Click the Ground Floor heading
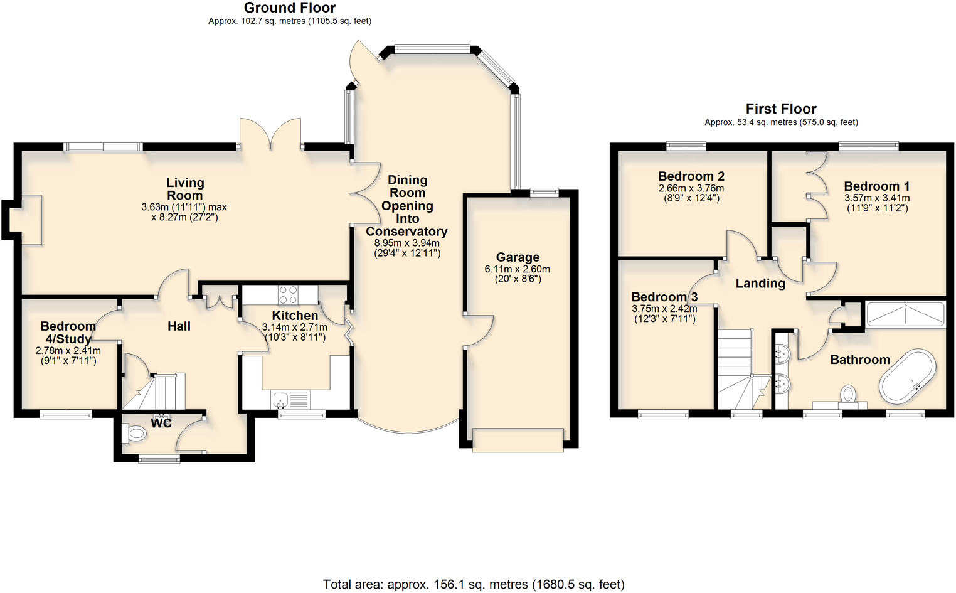(x=289, y=8)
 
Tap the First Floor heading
(x=780, y=109)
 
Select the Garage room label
(x=518, y=257)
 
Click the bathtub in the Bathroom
(x=907, y=377)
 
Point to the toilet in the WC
(x=135, y=432)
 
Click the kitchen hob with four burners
(x=288, y=295)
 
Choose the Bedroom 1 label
(x=876, y=186)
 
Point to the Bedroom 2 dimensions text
(x=691, y=193)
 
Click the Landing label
(x=760, y=284)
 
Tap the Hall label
(x=179, y=326)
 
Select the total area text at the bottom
(x=474, y=584)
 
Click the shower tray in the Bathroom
(x=905, y=314)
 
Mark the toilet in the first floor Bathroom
(x=848, y=395)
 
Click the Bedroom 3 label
(x=664, y=297)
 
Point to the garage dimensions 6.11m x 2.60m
(x=518, y=274)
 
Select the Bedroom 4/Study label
(x=68, y=333)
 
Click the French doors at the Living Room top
(x=271, y=134)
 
